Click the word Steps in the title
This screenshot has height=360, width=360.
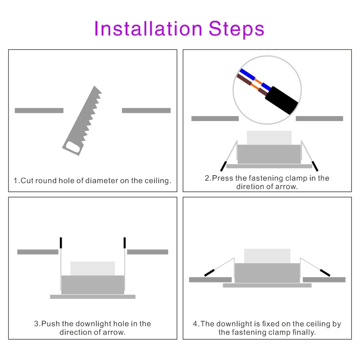coord(236,28)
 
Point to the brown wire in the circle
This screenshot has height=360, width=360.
coord(245,81)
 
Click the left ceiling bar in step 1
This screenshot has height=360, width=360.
coord(39,110)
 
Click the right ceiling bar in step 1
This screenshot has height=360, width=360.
coord(146,110)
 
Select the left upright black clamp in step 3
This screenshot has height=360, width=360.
coord(61,243)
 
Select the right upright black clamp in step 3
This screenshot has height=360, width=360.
coord(125,243)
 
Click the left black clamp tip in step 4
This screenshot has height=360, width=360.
coord(209,272)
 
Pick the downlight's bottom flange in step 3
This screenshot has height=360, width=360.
coord(92,297)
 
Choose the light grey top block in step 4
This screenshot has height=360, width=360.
coord(267,256)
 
